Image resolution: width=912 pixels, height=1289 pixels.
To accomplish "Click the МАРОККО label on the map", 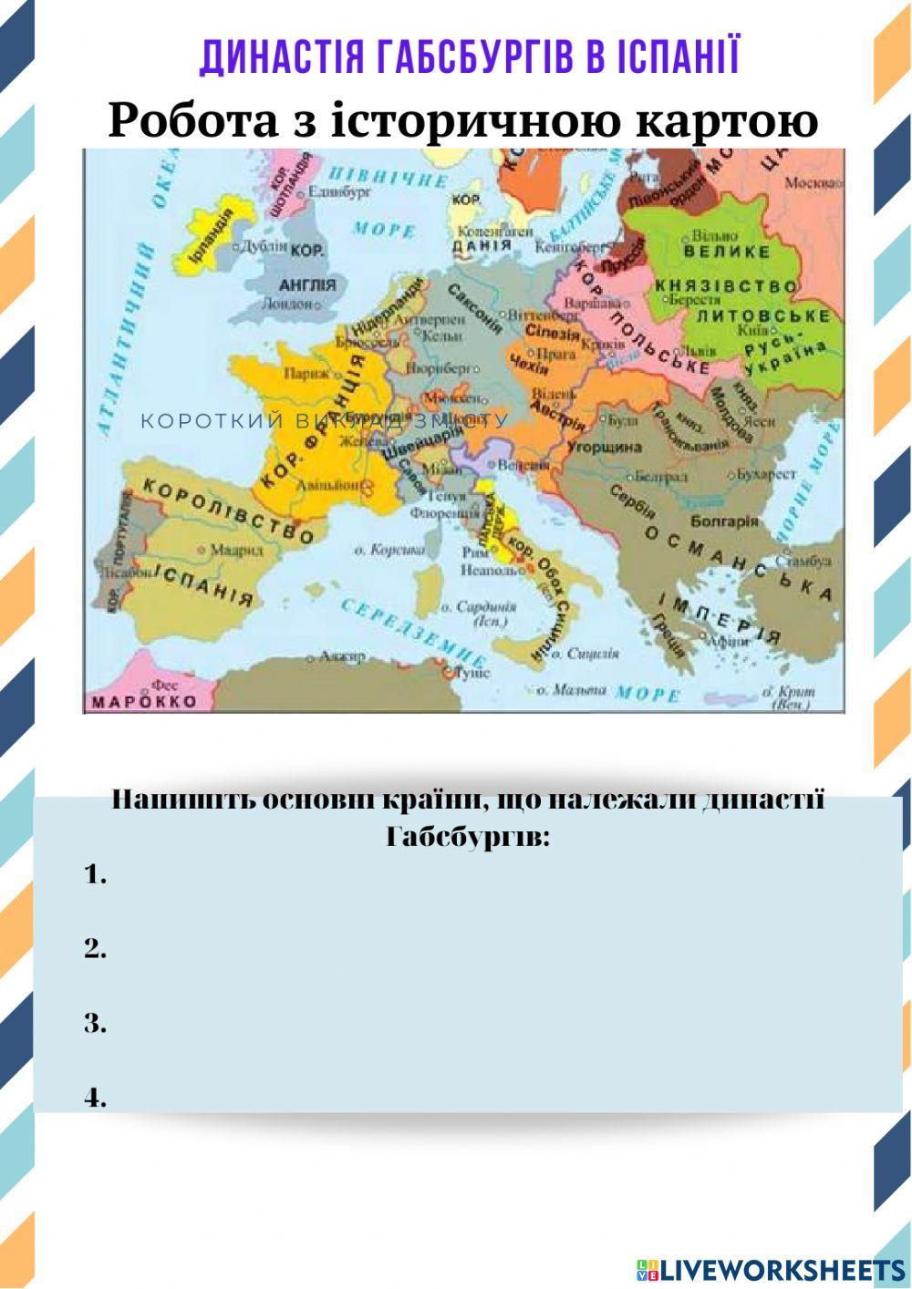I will click(143, 702).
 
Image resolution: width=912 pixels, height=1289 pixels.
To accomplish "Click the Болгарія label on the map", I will click(724, 521).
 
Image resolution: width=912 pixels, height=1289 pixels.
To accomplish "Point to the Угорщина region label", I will click(604, 448).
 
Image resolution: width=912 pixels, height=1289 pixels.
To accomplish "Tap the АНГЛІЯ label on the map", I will click(307, 285).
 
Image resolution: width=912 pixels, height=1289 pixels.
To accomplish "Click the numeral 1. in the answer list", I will click(96, 875).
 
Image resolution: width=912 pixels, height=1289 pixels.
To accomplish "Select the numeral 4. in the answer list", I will click(96, 1098).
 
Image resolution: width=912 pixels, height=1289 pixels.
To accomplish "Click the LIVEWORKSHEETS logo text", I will click(782, 1269).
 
